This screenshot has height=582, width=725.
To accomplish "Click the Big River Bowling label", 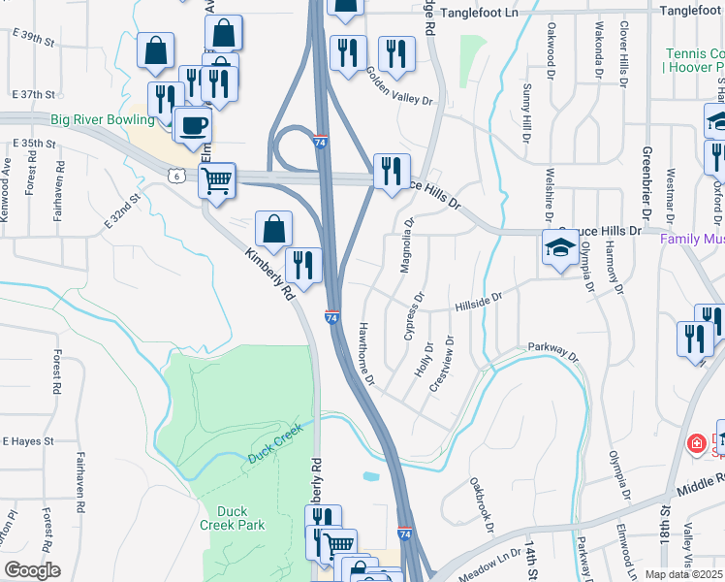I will pyautogui.click(x=103, y=119).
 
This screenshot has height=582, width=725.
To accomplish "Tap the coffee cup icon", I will pyautogui.click(x=194, y=125).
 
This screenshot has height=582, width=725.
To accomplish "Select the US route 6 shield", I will pyautogui.click(x=174, y=176).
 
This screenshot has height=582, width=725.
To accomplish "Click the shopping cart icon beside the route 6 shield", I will pyautogui.click(x=216, y=179).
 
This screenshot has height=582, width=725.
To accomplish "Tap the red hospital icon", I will pyautogui.click(x=695, y=444).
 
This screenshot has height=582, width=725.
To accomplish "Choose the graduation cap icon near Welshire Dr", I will pyautogui.click(x=560, y=249).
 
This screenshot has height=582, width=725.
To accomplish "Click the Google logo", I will pyautogui.click(x=32, y=570).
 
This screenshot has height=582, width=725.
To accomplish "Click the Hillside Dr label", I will pyautogui.click(x=478, y=304).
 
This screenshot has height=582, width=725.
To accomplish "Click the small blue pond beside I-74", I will pyautogui.click(x=368, y=477).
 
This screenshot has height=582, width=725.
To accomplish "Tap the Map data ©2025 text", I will pyautogui.click(x=683, y=574).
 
